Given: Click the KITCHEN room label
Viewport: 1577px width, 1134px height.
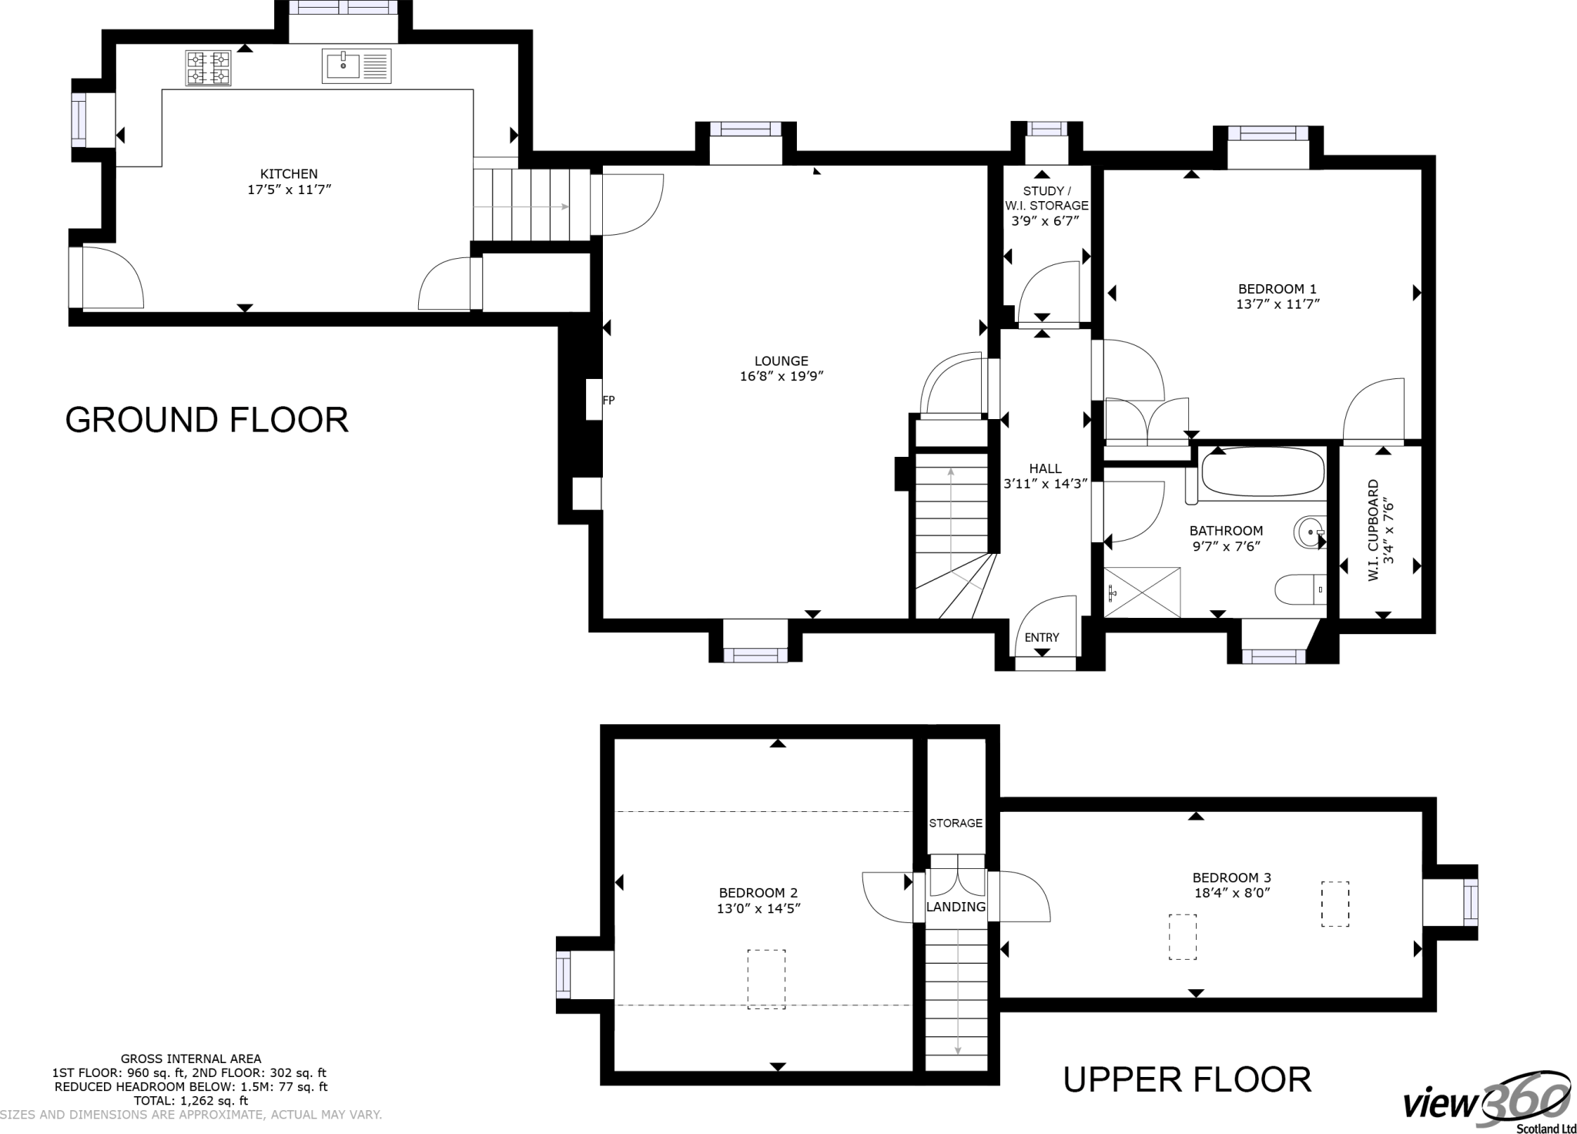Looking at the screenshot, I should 289,174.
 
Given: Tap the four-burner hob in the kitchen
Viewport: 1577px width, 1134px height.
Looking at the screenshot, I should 208,68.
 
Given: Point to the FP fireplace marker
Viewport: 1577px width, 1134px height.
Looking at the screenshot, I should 608,401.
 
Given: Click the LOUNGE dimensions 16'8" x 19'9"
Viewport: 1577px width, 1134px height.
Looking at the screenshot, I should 781,377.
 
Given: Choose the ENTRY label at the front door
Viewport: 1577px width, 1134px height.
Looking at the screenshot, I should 1042,637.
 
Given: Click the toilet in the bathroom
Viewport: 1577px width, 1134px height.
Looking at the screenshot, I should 1300,590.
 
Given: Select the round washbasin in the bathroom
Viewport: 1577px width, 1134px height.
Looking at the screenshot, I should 1310,532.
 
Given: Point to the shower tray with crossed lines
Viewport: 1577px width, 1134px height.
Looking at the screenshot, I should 1142,592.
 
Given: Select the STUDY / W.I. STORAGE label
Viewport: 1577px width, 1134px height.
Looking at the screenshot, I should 1046,199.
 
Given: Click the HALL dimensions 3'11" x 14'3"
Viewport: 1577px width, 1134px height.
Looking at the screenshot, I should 1045,484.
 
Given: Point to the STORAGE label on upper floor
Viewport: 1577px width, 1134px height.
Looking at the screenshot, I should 956,823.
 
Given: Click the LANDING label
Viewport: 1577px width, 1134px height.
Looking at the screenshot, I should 956,907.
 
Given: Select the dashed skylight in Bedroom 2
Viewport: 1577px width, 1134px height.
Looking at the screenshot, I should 766,978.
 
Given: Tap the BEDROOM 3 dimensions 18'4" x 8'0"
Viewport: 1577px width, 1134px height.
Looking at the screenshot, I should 1231,893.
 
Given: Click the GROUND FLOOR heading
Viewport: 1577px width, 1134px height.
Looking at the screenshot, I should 206,420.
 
